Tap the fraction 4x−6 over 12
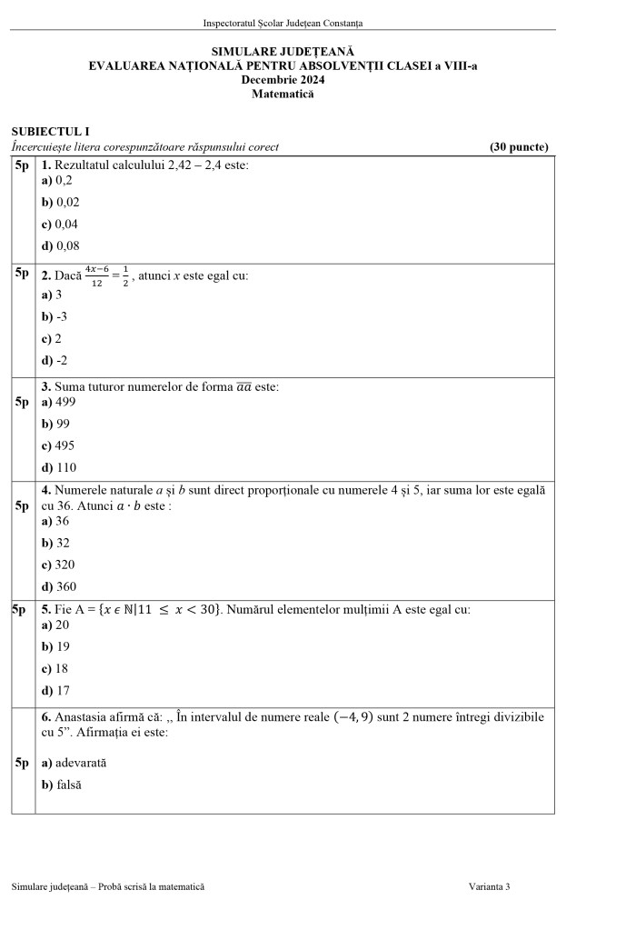[96, 275]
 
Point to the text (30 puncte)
[518, 147]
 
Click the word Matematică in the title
[283, 94]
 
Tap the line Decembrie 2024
[283, 80]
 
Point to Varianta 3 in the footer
[490, 886]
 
